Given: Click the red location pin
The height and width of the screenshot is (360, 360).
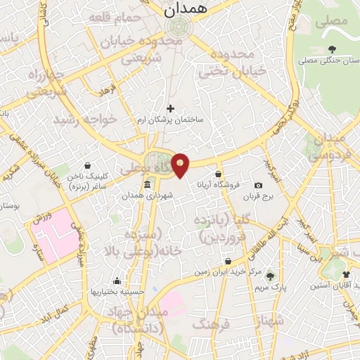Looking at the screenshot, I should pos(181,165).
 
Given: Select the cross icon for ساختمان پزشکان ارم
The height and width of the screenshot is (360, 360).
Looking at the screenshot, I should pos(169,108).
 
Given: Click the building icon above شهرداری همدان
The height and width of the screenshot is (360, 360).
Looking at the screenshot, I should pos(147,185).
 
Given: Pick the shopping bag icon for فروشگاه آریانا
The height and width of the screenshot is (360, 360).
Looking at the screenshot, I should pos(218,174).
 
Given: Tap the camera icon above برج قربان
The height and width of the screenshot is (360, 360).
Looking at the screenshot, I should pos(258,185).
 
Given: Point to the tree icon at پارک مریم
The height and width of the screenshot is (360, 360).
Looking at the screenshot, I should pos(269,275).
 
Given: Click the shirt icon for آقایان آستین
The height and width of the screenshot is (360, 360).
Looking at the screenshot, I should pos(345,274).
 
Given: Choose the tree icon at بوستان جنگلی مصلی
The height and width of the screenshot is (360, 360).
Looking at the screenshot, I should pos(332,49).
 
